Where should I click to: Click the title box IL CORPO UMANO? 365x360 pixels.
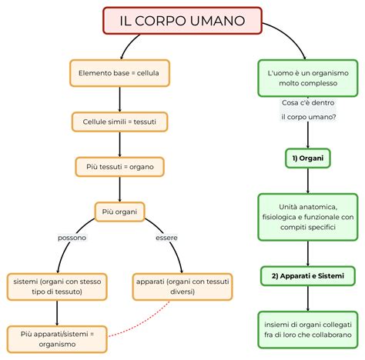pos(182,20)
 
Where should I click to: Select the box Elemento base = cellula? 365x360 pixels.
pos(119,73)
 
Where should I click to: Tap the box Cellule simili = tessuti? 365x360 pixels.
pos(119,122)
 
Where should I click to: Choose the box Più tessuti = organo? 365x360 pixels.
pos(119,166)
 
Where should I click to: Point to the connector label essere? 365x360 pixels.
pos(166,238)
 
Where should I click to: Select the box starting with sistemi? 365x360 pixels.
pos(58,286)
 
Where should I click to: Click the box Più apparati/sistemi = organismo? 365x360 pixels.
pos(58,338)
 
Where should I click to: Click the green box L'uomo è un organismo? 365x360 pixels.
pos(308,78)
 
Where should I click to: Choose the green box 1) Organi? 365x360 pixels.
pos(308,158)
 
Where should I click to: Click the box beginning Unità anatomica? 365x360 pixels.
pos(308,218)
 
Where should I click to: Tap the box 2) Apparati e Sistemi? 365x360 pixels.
pos(308,275)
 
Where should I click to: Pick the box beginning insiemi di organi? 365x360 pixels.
pos(308,332)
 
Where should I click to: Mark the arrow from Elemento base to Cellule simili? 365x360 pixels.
pos(119,98)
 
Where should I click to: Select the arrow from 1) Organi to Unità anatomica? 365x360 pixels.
pos(308,181)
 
